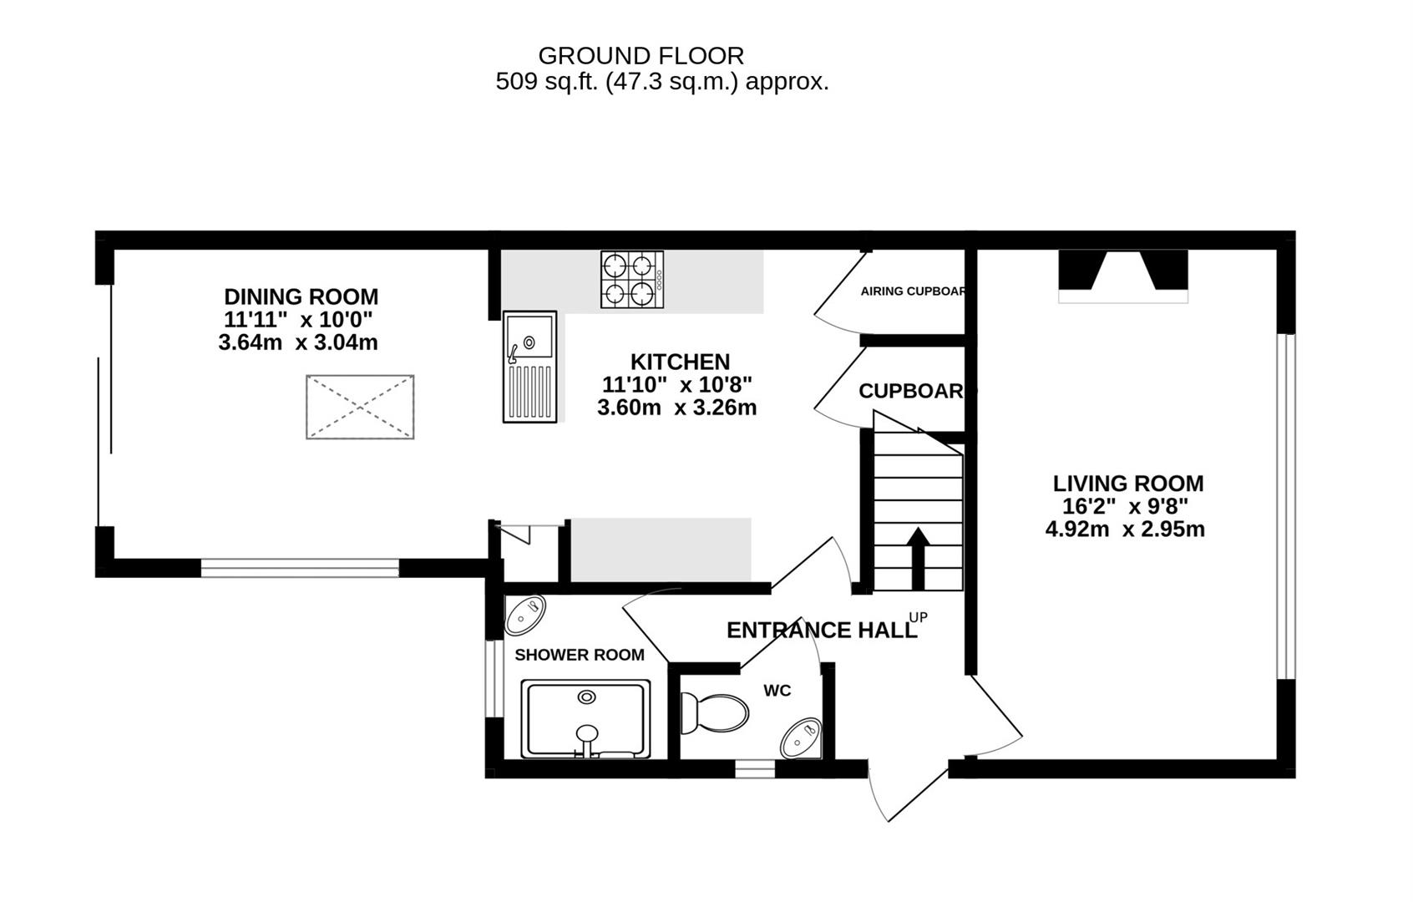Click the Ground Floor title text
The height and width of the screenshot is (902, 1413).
click(641, 55)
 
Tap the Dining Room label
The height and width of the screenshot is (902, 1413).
click(301, 296)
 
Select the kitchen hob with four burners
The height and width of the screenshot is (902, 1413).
click(632, 279)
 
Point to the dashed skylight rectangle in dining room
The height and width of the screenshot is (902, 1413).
click(360, 407)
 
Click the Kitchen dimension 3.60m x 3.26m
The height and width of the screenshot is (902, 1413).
click(676, 408)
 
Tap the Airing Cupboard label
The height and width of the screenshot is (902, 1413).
click(913, 291)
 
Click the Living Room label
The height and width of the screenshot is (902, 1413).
click(1127, 484)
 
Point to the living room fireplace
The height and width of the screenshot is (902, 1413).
click(1123, 276)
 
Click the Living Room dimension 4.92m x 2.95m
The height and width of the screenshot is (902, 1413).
click(1124, 529)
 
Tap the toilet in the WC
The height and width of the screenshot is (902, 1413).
click(714, 713)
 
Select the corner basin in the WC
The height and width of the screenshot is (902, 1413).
click(801, 738)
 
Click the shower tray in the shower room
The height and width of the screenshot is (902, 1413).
click(585, 719)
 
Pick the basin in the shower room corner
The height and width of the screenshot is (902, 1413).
click(525, 616)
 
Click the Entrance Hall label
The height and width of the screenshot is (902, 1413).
click(821, 630)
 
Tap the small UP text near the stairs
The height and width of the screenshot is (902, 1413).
click(918, 617)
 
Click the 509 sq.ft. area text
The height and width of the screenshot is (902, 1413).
click(661, 82)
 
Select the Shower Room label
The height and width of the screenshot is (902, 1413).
click(579, 655)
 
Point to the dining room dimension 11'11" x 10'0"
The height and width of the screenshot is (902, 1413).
click(297, 319)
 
